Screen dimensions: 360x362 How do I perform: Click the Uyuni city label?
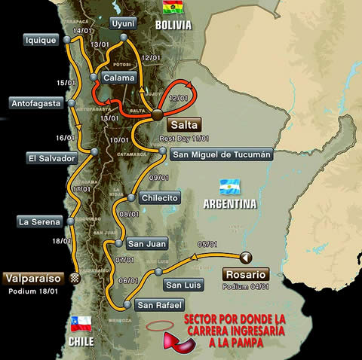pyautogui.click(x=122, y=23)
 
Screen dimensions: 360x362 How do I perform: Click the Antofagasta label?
pyautogui.click(x=35, y=103)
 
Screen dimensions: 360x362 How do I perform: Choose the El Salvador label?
pyautogui.click(x=51, y=158)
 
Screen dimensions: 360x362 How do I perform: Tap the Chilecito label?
pyautogui.click(x=158, y=198)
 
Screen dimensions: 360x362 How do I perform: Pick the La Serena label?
pyautogui.click(x=39, y=221)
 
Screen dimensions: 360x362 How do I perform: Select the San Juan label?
pyautogui.click(x=146, y=243)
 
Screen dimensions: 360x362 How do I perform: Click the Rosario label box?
pyautogui.click(x=245, y=274)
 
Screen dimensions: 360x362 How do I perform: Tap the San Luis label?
pyautogui.click(x=182, y=285)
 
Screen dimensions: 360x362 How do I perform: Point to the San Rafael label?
pyautogui.click(x=159, y=305)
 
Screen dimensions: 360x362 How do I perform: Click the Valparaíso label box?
pyautogui.click(x=34, y=277)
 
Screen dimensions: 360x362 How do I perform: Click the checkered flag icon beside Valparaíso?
pyautogui.click(x=74, y=277)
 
